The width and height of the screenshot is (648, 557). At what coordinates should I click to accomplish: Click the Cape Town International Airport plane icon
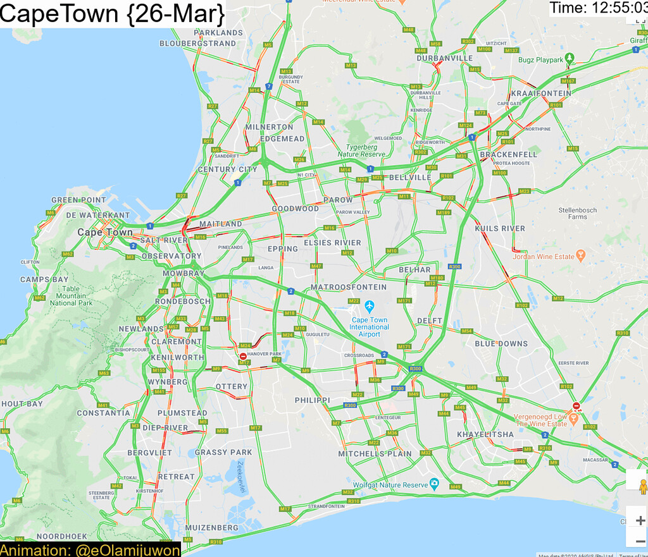(370, 307)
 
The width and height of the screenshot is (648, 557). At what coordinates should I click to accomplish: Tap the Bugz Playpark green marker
(570, 59)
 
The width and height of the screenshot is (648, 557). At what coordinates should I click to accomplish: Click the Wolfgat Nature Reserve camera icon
(434, 484)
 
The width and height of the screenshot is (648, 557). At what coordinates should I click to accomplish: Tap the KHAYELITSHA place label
(485, 434)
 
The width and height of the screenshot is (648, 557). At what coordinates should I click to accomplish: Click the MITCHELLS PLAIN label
(375, 453)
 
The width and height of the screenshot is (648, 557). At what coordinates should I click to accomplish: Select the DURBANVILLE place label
(445, 58)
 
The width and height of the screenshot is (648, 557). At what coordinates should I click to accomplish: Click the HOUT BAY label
(22, 403)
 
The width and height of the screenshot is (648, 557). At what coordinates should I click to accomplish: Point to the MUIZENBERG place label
(212, 527)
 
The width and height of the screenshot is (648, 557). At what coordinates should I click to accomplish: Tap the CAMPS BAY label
(44, 279)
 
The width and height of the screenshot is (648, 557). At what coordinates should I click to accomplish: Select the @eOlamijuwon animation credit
(127, 550)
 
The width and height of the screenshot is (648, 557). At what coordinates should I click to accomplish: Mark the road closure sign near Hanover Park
(243, 357)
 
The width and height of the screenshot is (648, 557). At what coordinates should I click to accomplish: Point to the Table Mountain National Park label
(71, 295)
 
